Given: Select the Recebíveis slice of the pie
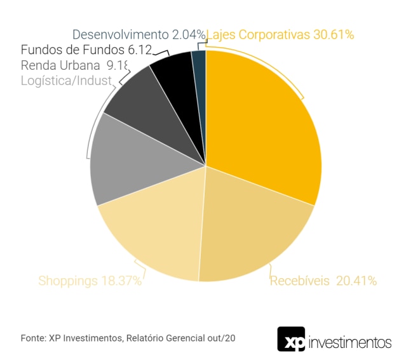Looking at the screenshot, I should [254, 229].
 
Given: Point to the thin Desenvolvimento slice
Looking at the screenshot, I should [199, 63].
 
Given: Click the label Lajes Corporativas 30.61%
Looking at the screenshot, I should [280, 34].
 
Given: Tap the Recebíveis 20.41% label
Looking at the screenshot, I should [323, 280].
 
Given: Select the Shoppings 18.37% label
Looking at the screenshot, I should [90, 280].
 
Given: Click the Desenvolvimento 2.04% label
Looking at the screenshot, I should [139, 34].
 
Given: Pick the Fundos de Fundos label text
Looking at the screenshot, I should [86, 50].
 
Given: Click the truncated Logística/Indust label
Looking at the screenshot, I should [66, 80].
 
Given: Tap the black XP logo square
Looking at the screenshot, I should [291, 339].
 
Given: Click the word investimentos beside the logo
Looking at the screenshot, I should [349, 343].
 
